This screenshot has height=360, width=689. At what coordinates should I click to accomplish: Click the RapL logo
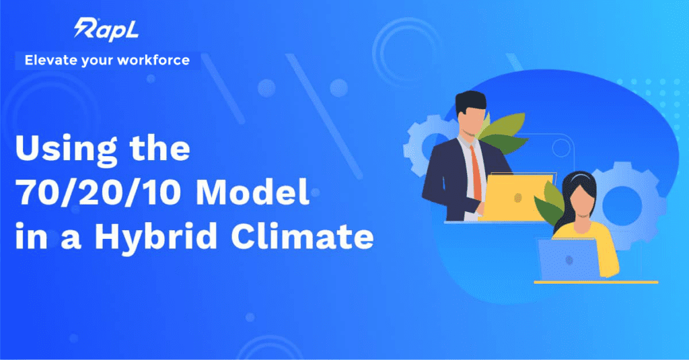106,30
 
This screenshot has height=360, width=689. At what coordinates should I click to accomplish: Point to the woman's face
579,202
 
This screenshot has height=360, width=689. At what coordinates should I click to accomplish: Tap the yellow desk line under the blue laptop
596,282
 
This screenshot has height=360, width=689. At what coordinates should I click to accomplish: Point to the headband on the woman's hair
579,177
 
